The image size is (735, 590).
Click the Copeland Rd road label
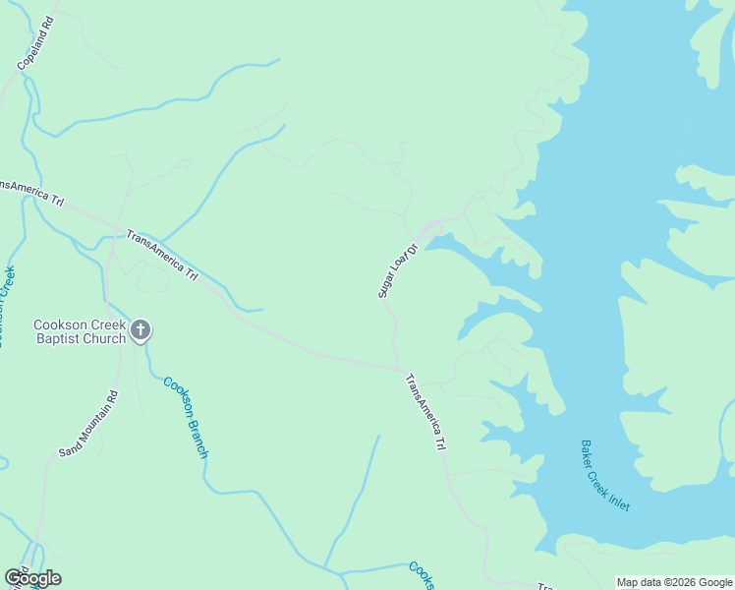coord(35,42)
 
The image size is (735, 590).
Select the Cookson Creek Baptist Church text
coord(79,332)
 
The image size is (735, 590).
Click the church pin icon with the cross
coord(141,330)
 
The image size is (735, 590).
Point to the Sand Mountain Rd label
coord(88,424)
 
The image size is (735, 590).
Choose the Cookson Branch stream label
coord(186,417)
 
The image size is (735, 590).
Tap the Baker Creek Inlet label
coord(605,475)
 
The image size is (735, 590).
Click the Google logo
coord(32,578)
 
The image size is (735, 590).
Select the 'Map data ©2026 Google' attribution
coord(674,582)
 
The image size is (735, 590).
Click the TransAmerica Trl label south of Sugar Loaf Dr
coord(425,411)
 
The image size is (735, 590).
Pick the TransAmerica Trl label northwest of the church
coord(162,255)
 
